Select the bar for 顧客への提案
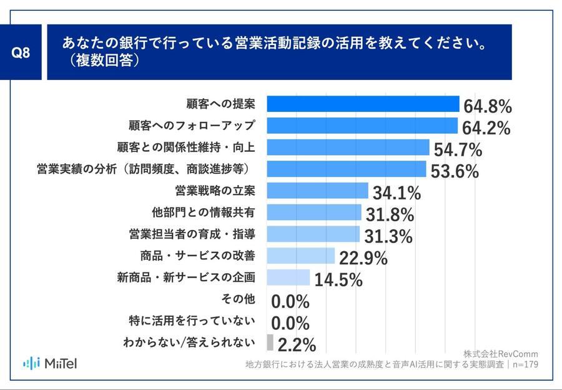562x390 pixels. coord(363,103)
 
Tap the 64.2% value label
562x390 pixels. coord(486,127)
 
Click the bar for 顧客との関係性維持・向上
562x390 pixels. coord(348,147)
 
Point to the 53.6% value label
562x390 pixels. coord(454,171)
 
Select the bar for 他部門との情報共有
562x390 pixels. coord(313,212)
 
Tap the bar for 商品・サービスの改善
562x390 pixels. coord(301,255)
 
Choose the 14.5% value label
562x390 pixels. coord(338,279)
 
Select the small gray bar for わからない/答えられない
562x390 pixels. coord(270,342)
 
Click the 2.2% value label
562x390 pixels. coord(297,344)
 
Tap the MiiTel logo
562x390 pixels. coord(50,363)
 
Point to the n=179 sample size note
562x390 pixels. coord(524,365)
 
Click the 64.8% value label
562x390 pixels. coord(488,104)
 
